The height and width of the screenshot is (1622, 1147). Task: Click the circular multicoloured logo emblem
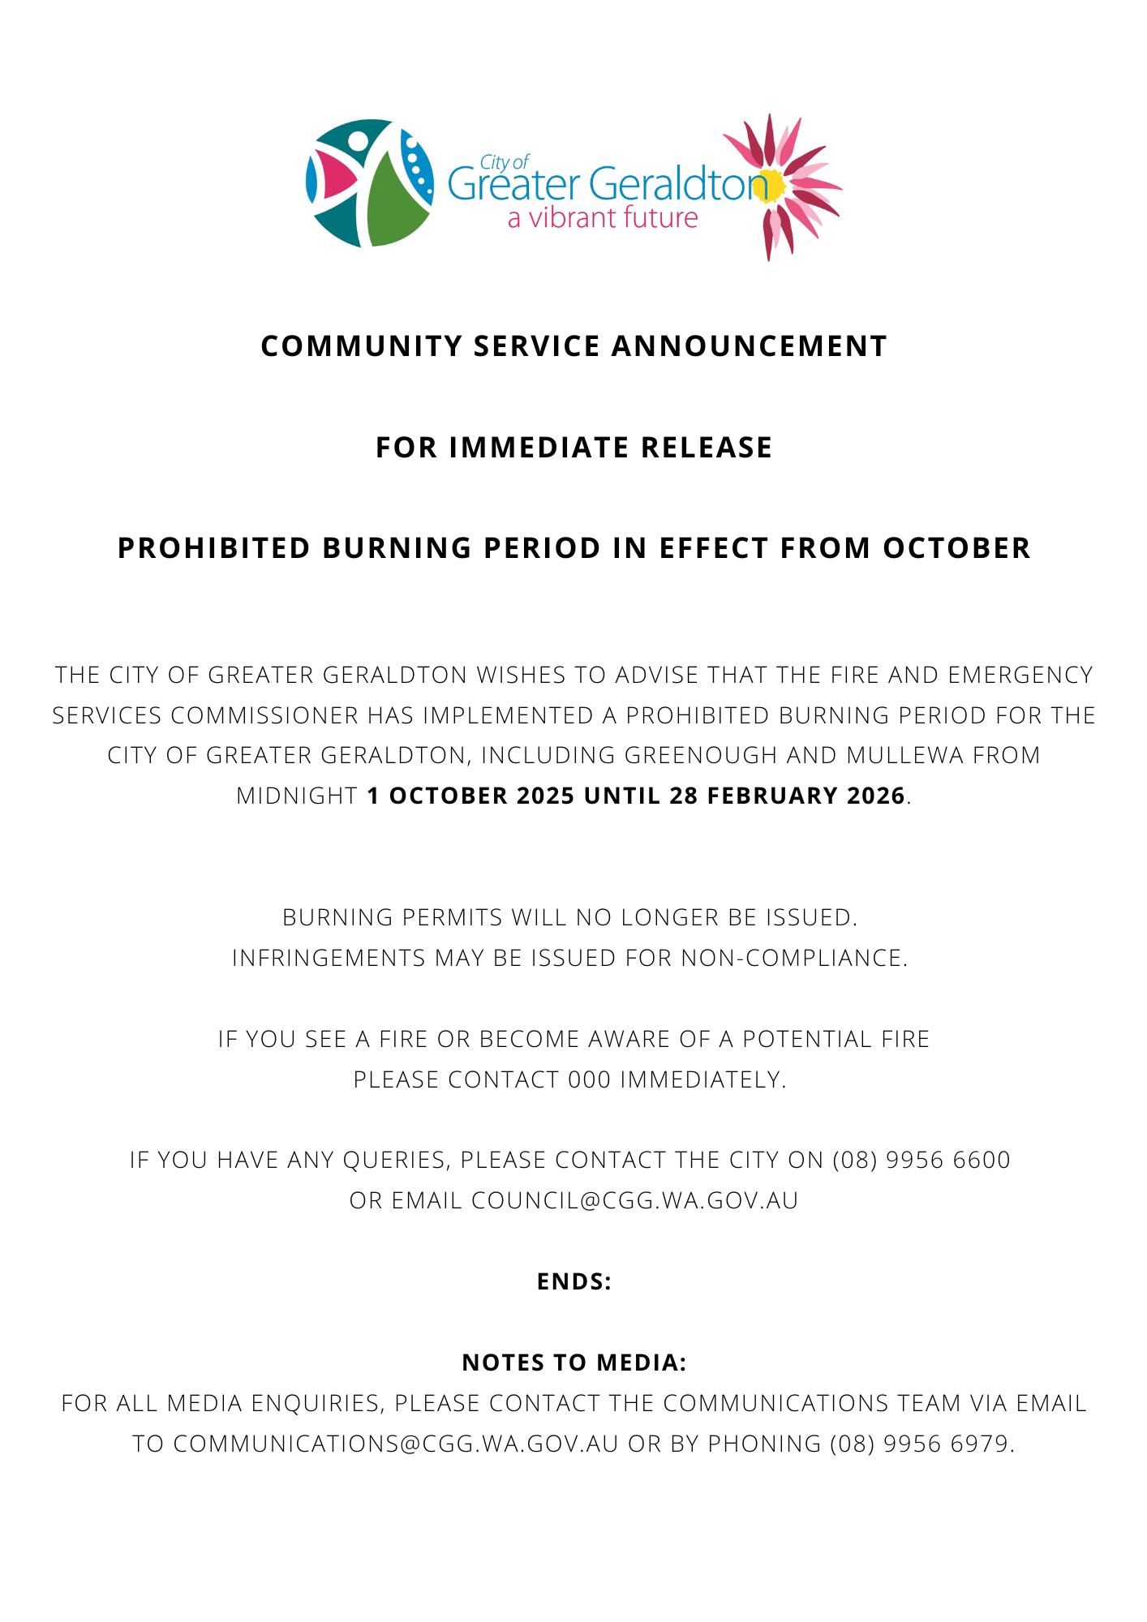coord(369,182)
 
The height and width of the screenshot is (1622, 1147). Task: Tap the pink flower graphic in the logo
coord(781,187)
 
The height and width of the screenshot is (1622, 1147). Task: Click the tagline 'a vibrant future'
coord(602,218)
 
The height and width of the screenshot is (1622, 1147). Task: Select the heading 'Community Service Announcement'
coord(573,346)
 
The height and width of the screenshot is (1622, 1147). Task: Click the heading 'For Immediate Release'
coord(573,448)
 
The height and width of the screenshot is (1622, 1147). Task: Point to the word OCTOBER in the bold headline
coord(956,548)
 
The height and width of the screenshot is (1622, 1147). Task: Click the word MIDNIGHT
coord(297,796)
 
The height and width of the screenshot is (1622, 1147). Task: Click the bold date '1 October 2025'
coord(471,796)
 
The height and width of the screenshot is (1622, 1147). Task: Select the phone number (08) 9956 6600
coord(921,1160)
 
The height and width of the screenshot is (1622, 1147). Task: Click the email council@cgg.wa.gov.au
coord(635,1200)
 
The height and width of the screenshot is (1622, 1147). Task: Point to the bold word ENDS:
coord(573,1281)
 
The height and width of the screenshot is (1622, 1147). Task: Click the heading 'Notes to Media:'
coord(573,1362)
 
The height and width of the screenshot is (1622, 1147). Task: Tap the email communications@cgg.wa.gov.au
coord(396,1444)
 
